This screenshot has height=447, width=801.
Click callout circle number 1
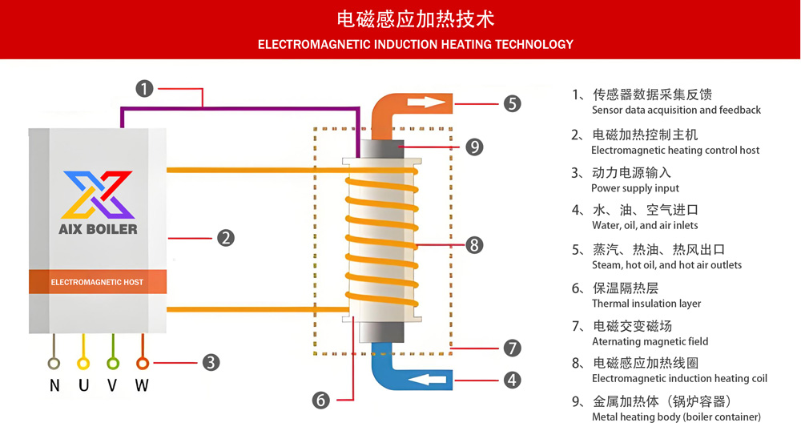pyautogui.click(x=144, y=88)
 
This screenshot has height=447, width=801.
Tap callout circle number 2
pyautogui.click(x=226, y=238)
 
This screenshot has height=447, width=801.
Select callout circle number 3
pyautogui.click(x=211, y=362)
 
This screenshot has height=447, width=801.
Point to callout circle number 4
pyautogui.click(x=513, y=380)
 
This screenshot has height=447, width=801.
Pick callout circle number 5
pyautogui.click(x=513, y=103)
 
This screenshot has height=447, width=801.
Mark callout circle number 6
pyautogui.click(x=321, y=399)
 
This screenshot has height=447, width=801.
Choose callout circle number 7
pyautogui.click(x=513, y=348)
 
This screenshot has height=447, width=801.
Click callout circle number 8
pyautogui.click(x=474, y=244)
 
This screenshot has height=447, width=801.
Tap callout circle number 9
pyautogui.click(x=474, y=147)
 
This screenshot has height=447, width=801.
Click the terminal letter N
pyautogui.click(x=54, y=385)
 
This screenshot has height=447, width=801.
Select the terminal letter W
pyautogui.click(x=142, y=385)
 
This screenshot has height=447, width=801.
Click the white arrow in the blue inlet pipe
pyautogui.click(x=429, y=379)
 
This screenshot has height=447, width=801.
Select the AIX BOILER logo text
pyautogui.click(x=98, y=229)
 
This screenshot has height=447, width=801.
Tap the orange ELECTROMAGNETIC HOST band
pyautogui.click(x=98, y=282)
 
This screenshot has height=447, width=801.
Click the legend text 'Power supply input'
pyautogui.click(x=635, y=188)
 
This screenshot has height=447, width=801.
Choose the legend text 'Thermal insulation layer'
pyautogui.click(x=646, y=304)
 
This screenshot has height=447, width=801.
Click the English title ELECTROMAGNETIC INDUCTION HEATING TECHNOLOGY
pyautogui.click(x=416, y=44)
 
